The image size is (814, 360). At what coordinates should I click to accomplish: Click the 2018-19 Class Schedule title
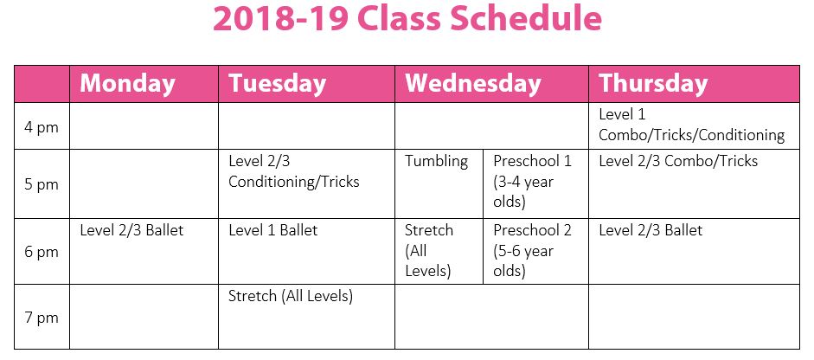pyautogui.click(x=407, y=20)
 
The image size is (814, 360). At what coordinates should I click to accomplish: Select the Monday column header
pyautogui.click(x=127, y=84)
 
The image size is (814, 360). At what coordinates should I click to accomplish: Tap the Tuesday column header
pyautogui.click(x=277, y=84)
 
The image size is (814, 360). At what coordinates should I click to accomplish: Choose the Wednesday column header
pyautogui.click(x=472, y=84)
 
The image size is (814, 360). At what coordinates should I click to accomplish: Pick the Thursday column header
pyautogui.click(x=653, y=84)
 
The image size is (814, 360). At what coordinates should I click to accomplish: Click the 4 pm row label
pyautogui.click(x=42, y=127)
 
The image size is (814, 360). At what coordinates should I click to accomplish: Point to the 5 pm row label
pyautogui.click(x=42, y=183)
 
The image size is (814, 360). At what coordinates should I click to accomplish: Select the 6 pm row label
pyautogui.click(x=42, y=252)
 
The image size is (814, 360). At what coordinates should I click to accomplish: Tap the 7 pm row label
pyautogui.click(x=42, y=318)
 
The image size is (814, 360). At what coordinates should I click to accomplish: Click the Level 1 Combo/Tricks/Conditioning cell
pyautogui.click(x=691, y=125)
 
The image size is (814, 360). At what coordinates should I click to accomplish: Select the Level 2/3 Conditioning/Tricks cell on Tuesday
pyautogui.click(x=293, y=171)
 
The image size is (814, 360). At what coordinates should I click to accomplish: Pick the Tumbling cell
pyautogui.click(x=437, y=161)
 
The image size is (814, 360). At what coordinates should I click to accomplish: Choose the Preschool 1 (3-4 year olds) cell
pyautogui.click(x=532, y=182)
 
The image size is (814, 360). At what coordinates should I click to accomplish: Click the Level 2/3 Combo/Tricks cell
pyautogui.click(x=677, y=161)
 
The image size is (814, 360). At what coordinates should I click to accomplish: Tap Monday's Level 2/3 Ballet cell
pyautogui.click(x=131, y=230)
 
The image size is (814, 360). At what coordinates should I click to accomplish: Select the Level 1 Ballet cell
pyautogui.click(x=272, y=230)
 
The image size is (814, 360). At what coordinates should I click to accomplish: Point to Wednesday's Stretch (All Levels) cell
pyautogui.click(x=429, y=251)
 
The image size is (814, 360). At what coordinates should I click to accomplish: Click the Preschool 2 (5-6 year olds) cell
pyautogui.click(x=532, y=251)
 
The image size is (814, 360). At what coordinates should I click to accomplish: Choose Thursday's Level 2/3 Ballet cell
pyautogui.click(x=651, y=230)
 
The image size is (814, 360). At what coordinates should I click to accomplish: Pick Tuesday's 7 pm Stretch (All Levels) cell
pyautogui.click(x=291, y=296)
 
